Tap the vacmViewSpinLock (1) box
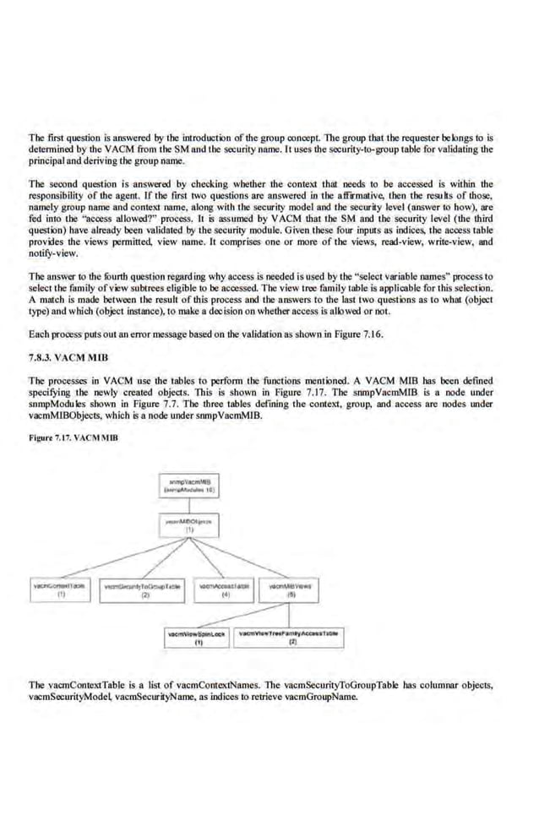pyautogui.click(x=196, y=636)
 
